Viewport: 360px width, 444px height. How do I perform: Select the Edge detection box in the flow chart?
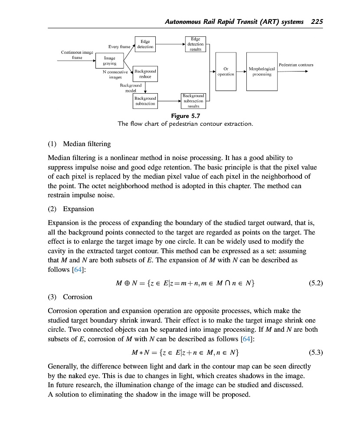145,44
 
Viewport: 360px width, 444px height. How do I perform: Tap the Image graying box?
109,61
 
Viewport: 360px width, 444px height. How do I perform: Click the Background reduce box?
145,74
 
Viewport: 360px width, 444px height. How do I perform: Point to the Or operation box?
226,72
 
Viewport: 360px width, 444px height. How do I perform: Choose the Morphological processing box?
262,72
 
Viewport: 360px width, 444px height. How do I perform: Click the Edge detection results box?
195,44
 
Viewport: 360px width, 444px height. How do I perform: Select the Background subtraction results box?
193,101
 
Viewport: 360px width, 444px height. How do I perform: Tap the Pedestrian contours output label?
296,65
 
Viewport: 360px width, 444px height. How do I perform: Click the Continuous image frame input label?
77,55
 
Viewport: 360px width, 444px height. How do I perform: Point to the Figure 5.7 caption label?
186,116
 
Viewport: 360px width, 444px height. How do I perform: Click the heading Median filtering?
87,144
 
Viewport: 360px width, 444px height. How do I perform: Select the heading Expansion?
79,209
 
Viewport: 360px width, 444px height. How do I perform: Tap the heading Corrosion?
78,297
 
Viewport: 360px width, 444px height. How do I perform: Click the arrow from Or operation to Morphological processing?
241,72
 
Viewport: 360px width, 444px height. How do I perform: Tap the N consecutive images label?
115,74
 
